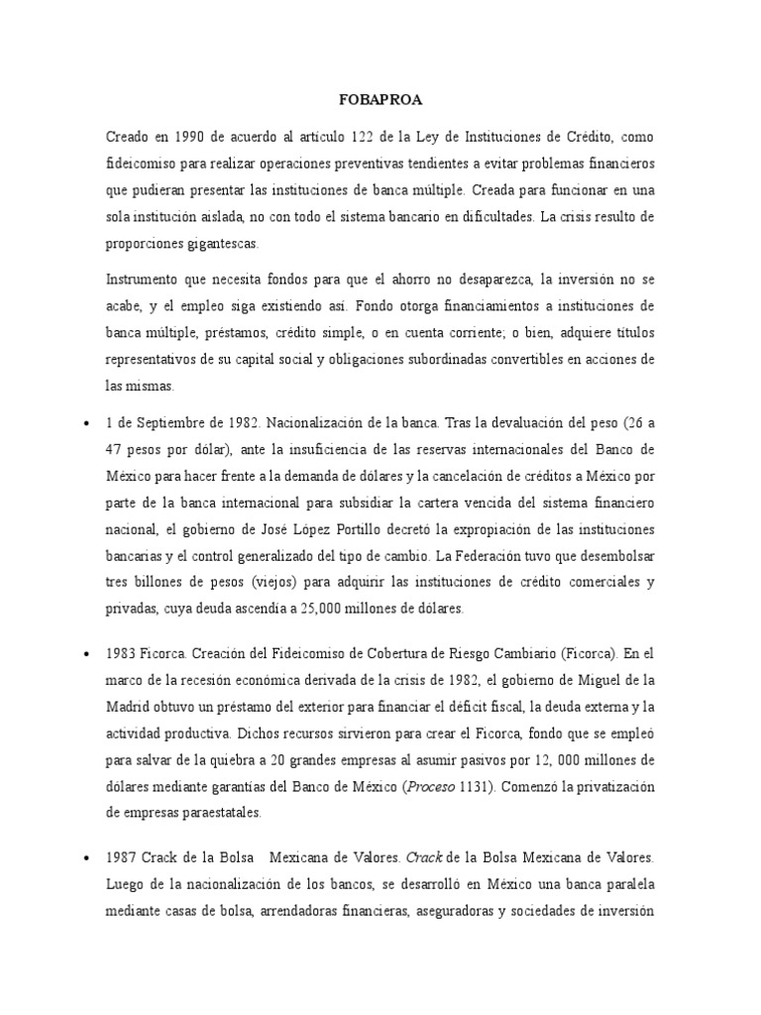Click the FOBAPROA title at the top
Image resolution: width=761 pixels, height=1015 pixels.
pos(380,100)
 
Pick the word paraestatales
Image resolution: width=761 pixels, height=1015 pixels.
pos(218,812)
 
